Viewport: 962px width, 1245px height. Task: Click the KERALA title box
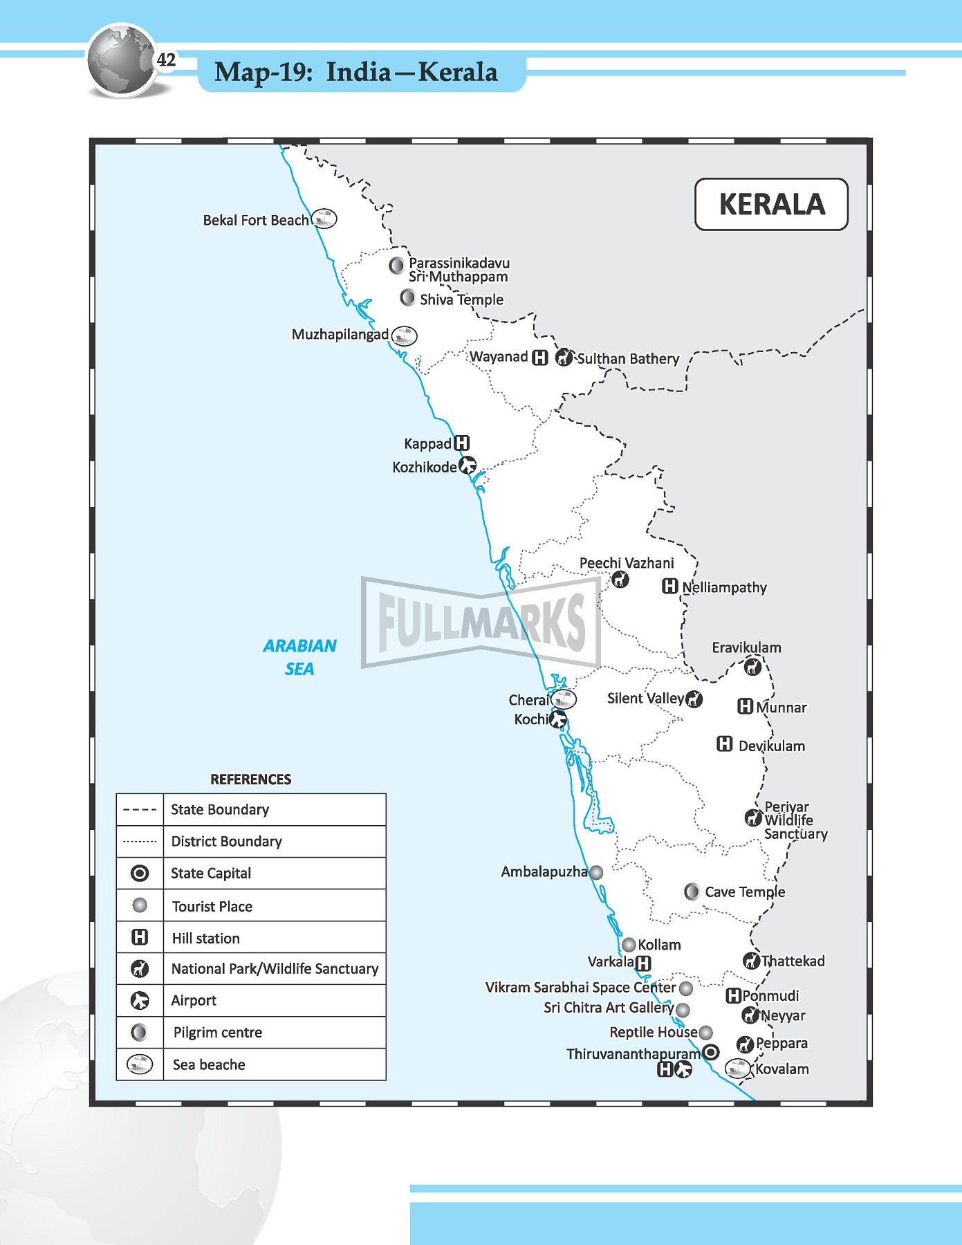(x=771, y=204)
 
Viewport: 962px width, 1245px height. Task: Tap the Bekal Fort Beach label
(x=255, y=220)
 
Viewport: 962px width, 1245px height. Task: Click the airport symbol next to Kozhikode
(x=468, y=465)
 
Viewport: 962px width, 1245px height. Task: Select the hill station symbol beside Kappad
(x=462, y=443)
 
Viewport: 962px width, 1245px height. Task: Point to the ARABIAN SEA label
(x=299, y=656)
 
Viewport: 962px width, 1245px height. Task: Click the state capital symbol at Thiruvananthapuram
(x=710, y=1052)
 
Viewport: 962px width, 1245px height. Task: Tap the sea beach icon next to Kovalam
(x=738, y=1068)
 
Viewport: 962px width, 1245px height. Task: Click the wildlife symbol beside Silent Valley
(x=694, y=699)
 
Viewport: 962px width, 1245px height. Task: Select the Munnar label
(x=781, y=708)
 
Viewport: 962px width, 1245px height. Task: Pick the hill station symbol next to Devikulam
(x=724, y=744)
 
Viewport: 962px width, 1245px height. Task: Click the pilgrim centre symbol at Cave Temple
(x=692, y=892)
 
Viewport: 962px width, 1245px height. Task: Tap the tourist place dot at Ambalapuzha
(x=596, y=872)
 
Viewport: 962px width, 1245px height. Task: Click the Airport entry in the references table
(x=194, y=1000)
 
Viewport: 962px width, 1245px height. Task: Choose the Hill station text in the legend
(x=206, y=938)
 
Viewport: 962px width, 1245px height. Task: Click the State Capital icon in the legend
(x=140, y=873)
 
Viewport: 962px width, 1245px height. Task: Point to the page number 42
(x=166, y=60)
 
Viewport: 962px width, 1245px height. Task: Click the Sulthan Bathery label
(x=628, y=358)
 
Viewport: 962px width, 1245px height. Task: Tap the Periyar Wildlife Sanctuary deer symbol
(x=752, y=818)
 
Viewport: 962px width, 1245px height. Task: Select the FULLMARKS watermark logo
(x=481, y=622)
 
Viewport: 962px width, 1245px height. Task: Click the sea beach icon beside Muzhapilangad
(x=404, y=335)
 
